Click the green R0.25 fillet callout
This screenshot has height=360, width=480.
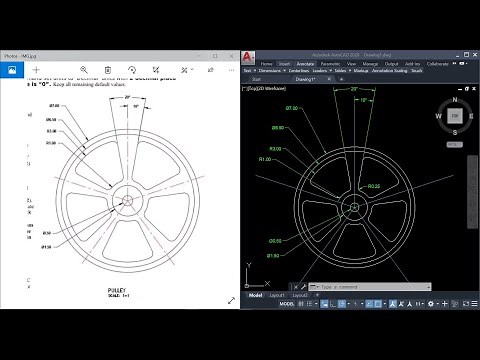373,187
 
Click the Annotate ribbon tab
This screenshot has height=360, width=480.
306,62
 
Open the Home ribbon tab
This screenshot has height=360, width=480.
266,62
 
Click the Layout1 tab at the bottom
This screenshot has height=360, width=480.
276,296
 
